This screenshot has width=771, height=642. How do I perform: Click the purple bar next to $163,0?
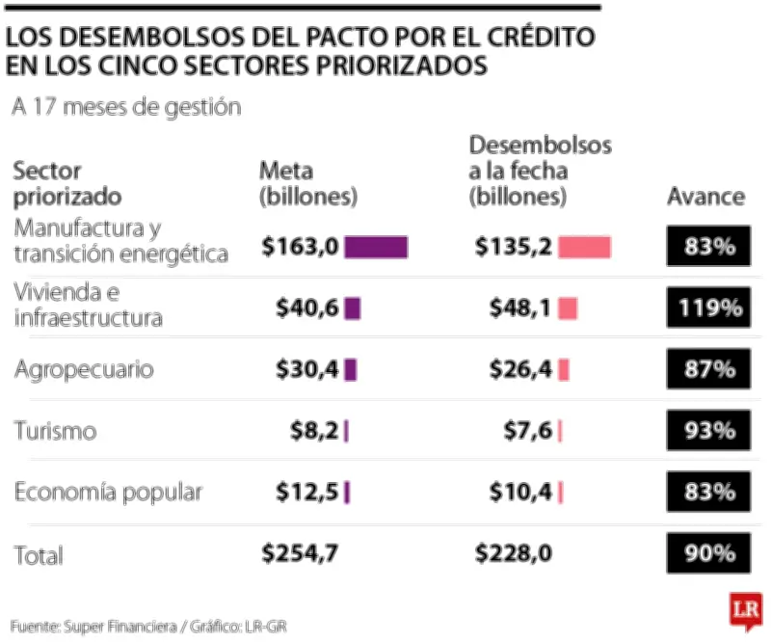coord(376,248)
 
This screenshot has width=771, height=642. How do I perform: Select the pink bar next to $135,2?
coord(584,248)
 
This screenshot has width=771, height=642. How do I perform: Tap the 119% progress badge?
coord(708,308)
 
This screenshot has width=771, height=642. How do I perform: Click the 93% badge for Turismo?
coord(708,431)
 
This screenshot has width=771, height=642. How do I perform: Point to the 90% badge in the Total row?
coord(708,554)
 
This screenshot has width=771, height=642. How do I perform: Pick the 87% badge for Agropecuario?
coord(708,370)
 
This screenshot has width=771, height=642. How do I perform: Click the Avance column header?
coord(705,197)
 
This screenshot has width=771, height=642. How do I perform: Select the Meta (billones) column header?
coord(308,184)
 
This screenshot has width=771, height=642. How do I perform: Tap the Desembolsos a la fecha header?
coord(540,171)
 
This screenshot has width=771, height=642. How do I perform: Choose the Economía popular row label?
coord(108,493)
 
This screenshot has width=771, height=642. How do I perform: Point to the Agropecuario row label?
coord(84,370)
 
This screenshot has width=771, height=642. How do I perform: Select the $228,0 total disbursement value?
coord(514,554)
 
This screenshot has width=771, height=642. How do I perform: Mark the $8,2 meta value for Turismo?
coord(314,431)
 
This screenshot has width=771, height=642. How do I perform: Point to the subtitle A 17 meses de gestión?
coord(125,107)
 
